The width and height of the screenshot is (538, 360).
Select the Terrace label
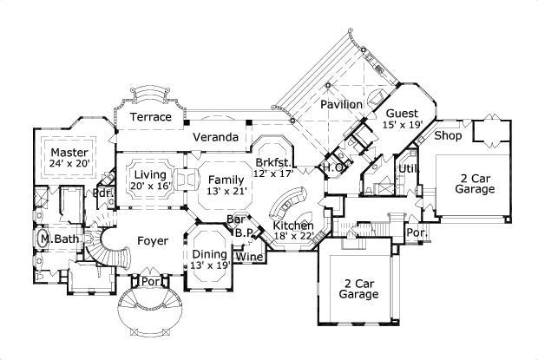click(x=150, y=117)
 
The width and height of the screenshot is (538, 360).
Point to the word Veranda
click(x=215, y=137)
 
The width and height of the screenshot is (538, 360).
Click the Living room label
click(x=150, y=174)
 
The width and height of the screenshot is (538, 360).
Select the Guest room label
click(x=403, y=114)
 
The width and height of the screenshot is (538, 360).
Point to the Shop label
click(x=447, y=135)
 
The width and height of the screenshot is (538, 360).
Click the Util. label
click(x=408, y=168)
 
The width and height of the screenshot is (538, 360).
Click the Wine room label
click(x=249, y=257)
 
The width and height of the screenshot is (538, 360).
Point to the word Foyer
click(x=152, y=238)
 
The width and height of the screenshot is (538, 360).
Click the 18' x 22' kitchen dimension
click(x=292, y=235)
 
